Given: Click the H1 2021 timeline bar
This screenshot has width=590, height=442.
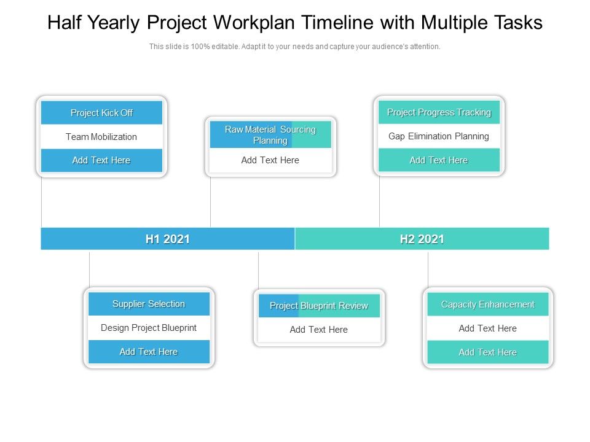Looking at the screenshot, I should tap(168, 239).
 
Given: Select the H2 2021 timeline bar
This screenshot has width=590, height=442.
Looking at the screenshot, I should tap(422, 239).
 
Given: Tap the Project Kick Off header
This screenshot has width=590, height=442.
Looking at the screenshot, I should tap(101, 113).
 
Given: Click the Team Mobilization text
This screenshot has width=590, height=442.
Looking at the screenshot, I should tap(101, 137).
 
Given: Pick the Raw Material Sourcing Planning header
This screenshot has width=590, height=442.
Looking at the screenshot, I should tap(270, 135).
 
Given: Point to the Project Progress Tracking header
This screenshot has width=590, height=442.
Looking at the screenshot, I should tap(439, 112).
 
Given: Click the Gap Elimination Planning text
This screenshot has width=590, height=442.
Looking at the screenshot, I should tap(439, 136).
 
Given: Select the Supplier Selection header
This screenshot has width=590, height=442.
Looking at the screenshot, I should tap(149, 304).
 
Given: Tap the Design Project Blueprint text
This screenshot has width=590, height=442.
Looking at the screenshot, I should tap(149, 328).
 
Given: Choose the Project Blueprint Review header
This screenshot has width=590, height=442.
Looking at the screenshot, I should tap(319, 306).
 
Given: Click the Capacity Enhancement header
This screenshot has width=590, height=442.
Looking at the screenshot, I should tap(488, 304).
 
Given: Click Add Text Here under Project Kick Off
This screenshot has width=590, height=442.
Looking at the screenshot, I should tap(101, 160).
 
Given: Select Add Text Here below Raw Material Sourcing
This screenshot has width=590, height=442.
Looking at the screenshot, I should tap(270, 160).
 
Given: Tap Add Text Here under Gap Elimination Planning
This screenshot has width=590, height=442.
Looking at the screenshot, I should tap(439, 160).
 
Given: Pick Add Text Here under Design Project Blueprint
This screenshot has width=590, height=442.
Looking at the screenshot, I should tap(149, 352).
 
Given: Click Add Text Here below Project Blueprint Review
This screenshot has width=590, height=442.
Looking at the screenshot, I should tap(319, 330).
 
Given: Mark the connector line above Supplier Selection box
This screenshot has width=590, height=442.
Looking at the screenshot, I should tap(90, 270).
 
